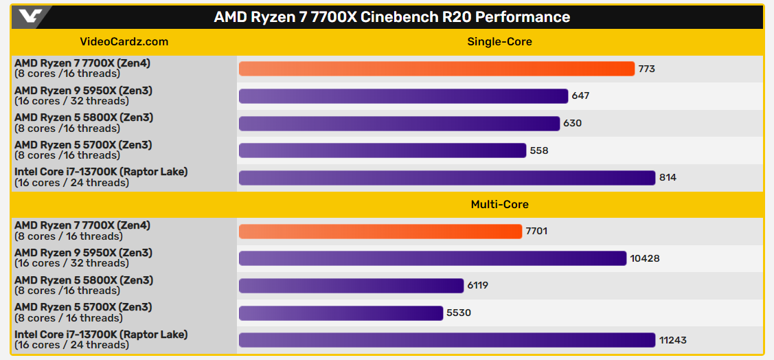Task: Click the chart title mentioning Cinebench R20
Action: (x=391, y=16)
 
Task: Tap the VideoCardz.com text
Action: (x=124, y=41)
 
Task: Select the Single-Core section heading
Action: (x=499, y=41)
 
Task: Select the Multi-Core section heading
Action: (x=499, y=204)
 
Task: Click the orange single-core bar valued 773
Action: (x=436, y=69)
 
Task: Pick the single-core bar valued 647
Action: (x=403, y=96)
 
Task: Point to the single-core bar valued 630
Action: (x=399, y=123)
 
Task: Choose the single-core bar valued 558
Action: (x=382, y=150)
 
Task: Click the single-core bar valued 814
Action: (x=446, y=178)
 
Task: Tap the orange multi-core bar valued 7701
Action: (x=380, y=232)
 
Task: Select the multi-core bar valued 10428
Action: (x=432, y=258)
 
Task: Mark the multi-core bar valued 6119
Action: (x=351, y=286)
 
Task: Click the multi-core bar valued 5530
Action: (x=341, y=313)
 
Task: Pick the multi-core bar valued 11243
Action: (x=446, y=340)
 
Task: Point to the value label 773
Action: (x=647, y=69)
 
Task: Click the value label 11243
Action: (x=673, y=340)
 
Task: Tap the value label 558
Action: (x=539, y=150)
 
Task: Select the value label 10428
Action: (x=645, y=258)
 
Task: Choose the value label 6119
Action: (x=478, y=286)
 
